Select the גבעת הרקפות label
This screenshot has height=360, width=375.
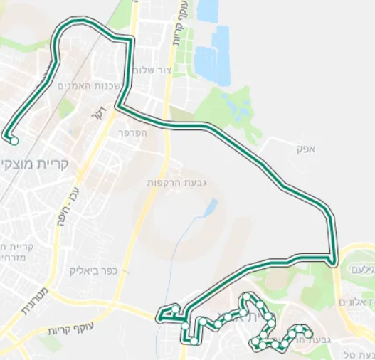coord(183,183)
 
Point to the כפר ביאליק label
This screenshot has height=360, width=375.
coord(94,271)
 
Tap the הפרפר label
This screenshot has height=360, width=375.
coord(133,132)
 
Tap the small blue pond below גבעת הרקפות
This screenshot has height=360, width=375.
coord(211,207)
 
